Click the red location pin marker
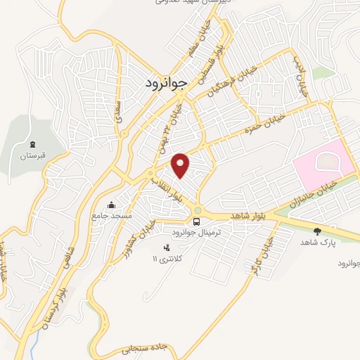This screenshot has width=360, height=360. coord(181,165)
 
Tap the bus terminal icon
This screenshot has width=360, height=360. coord(196,221)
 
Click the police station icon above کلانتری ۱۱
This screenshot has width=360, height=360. coord(167,248)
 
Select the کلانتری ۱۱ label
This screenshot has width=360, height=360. coord(167,259)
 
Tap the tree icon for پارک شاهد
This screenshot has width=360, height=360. coord(316,230)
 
